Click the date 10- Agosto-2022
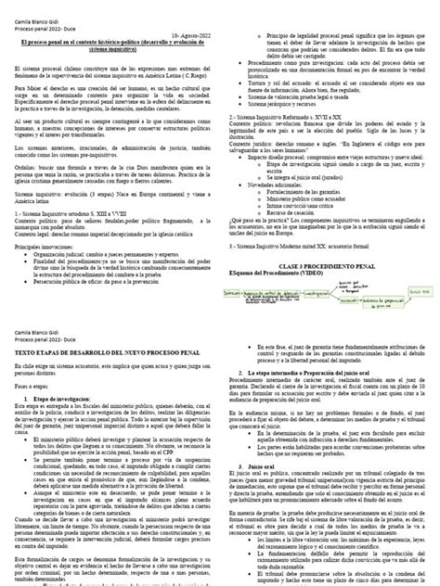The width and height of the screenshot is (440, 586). (x=185, y=32)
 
